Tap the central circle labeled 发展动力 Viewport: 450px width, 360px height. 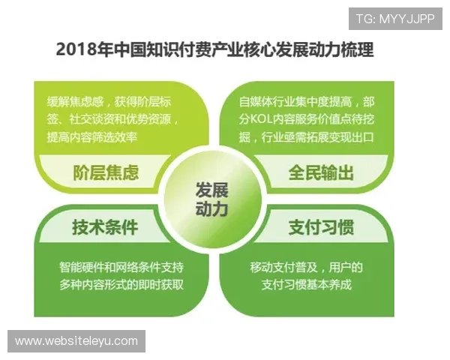[x=211, y=198]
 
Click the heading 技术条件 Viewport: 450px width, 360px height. [x=105, y=227]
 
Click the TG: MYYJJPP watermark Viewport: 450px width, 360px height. [x=395, y=19]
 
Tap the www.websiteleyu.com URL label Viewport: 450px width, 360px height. [x=76, y=341]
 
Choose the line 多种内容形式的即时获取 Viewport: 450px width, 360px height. [x=121, y=285]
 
